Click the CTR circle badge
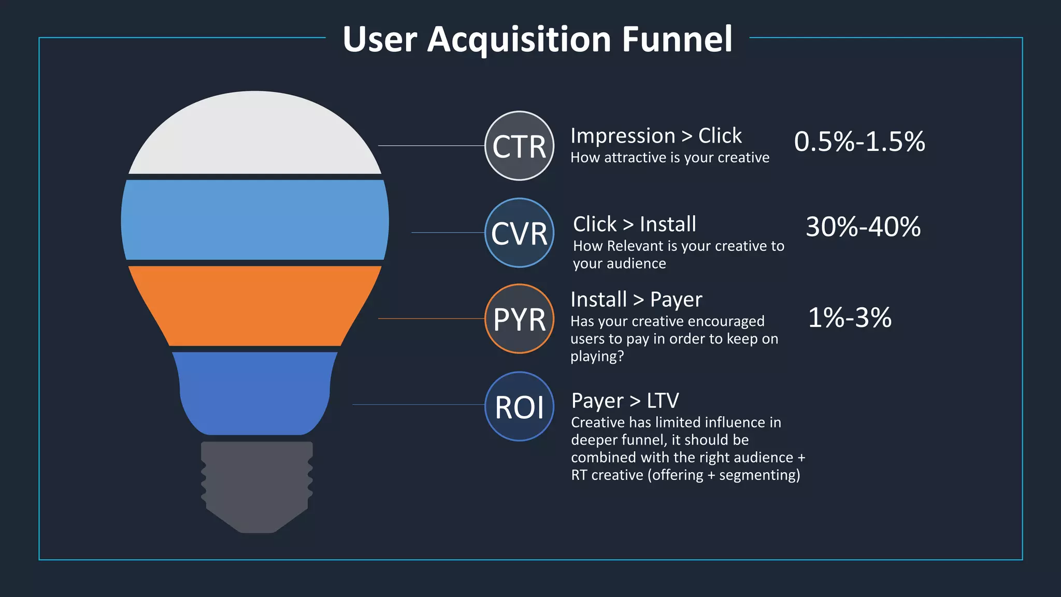[x=519, y=146]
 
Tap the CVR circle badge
[x=519, y=233]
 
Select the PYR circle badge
[x=519, y=319]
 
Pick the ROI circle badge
[x=519, y=406]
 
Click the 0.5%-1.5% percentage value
[x=859, y=141]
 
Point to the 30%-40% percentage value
[x=863, y=226]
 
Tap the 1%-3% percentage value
[x=850, y=317]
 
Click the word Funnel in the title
[x=677, y=39]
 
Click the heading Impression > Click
[x=656, y=136]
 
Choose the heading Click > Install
[x=634, y=224]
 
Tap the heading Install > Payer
[x=636, y=300]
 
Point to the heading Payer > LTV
[x=625, y=401]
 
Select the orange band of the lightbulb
[x=255, y=306]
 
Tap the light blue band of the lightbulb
[x=255, y=220]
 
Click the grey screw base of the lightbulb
[x=257, y=485]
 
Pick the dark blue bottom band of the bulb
[x=255, y=393]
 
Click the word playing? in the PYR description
[x=597, y=357]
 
